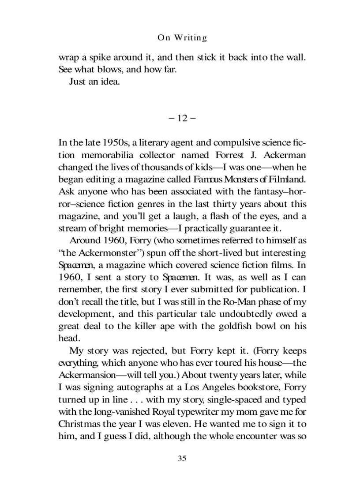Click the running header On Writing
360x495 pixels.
point(182,38)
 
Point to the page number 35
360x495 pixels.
point(182,458)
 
